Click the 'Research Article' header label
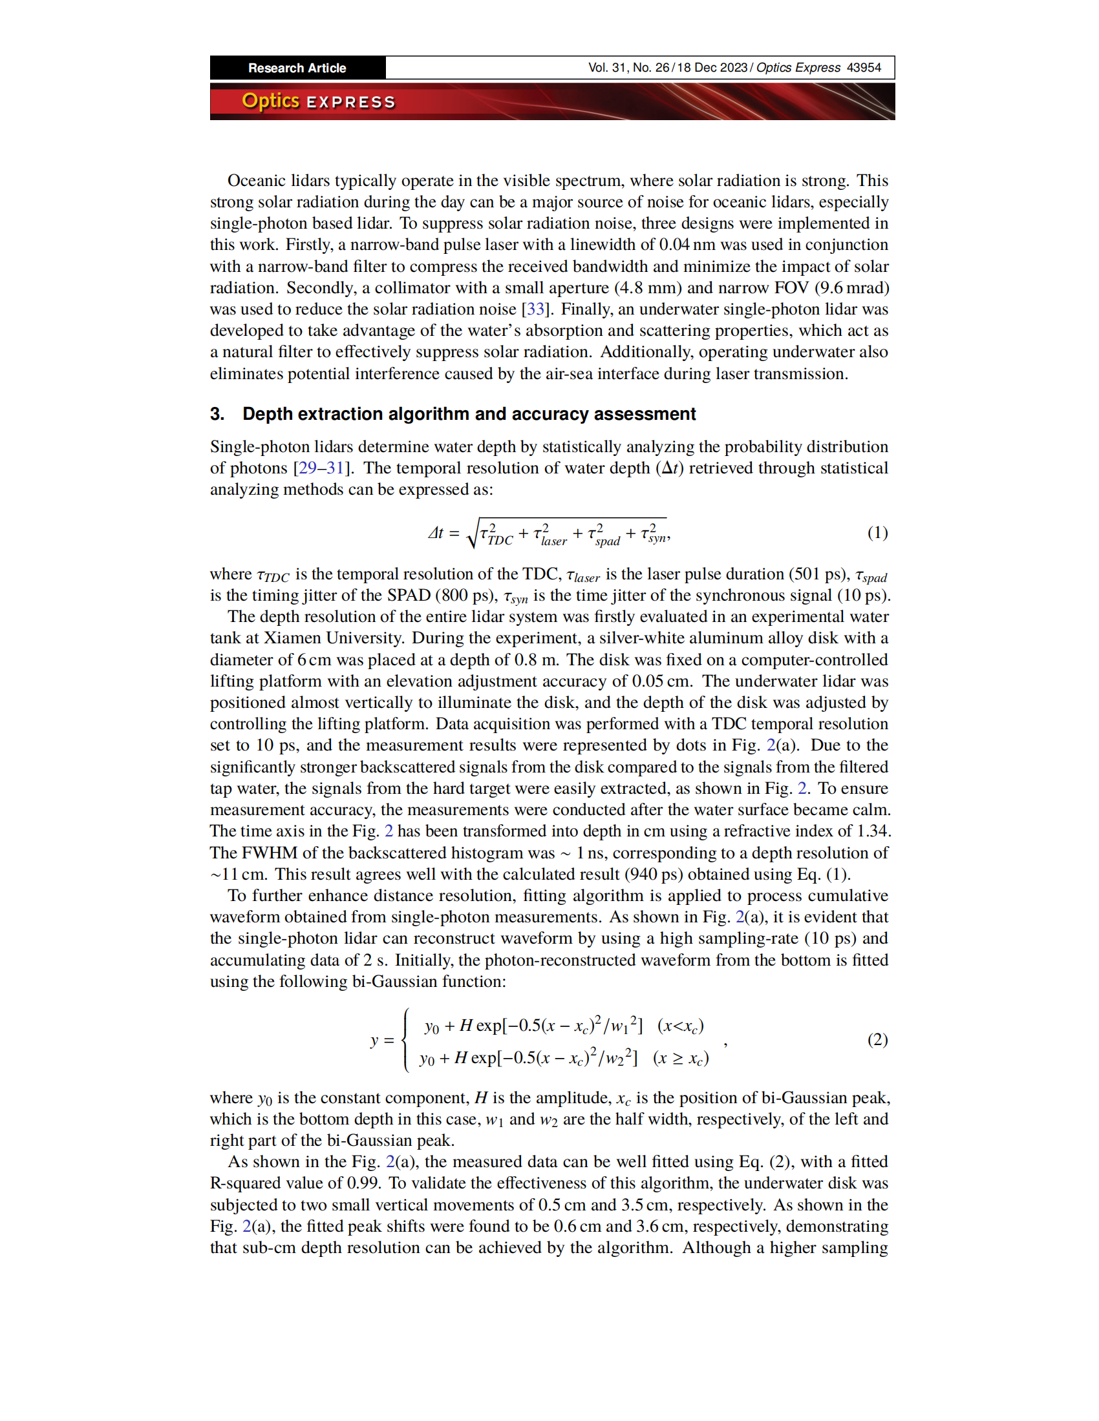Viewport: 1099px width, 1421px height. (297, 68)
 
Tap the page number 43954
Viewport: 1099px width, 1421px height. (864, 68)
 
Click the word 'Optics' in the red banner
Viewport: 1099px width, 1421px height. (270, 101)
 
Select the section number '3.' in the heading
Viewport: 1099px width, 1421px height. (217, 414)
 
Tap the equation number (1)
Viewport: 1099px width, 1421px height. (877, 533)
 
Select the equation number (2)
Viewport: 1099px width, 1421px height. (877, 1039)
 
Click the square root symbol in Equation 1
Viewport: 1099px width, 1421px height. (473, 533)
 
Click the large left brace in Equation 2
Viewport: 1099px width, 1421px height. (406, 1040)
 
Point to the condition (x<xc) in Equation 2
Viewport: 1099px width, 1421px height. (680, 1026)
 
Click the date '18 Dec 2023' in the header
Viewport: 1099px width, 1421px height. (712, 68)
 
